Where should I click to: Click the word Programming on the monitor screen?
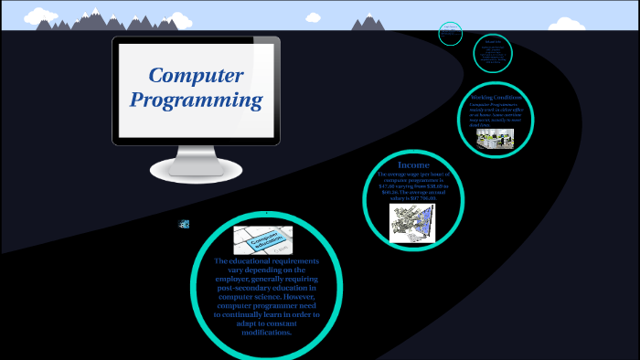click(x=197, y=100)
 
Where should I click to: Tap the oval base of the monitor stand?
click(x=196, y=168)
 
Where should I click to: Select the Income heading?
click(x=413, y=165)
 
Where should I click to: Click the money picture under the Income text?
click(x=413, y=222)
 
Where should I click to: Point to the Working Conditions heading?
click(x=496, y=97)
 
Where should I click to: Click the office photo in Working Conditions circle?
click(x=496, y=138)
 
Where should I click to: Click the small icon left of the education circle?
click(x=184, y=224)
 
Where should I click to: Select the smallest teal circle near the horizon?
click(x=450, y=34)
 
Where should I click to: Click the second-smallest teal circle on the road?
click(x=492, y=54)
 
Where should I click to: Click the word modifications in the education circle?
click(x=267, y=333)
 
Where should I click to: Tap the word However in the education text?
click(x=295, y=296)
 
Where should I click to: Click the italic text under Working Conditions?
click(x=496, y=114)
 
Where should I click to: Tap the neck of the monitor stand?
click(x=196, y=152)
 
